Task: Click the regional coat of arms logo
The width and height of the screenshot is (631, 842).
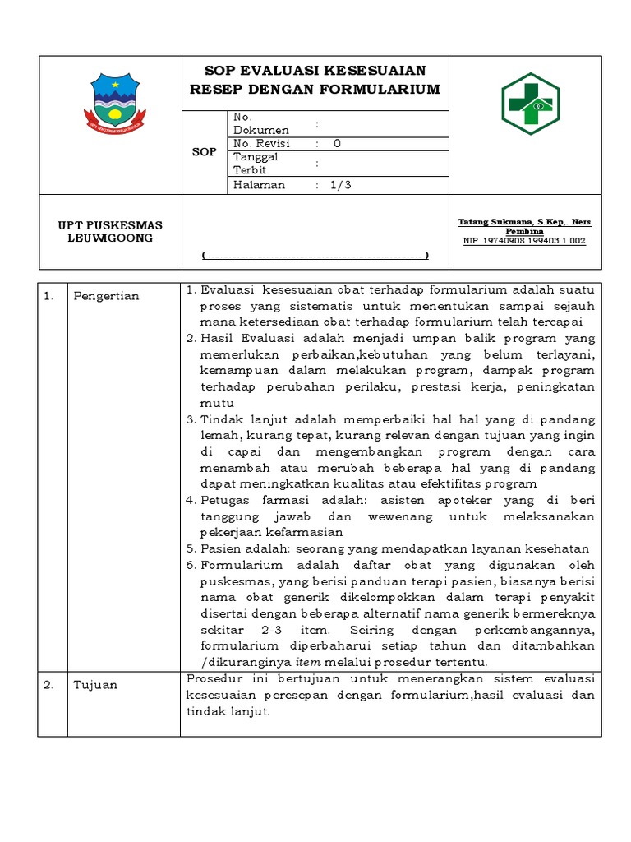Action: (114, 103)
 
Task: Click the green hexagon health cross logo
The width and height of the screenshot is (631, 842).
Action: (530, 103)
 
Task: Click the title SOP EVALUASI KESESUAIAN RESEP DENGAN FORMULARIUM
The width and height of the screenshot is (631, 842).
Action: (315, 80)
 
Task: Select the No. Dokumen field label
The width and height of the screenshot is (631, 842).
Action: (260, 123)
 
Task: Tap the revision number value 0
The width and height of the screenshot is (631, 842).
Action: (337, 143)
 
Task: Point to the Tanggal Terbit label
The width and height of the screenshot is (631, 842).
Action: (256, 163)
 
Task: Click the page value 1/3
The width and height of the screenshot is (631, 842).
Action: (340, 185)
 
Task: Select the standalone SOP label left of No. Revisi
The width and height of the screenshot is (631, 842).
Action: (204, 152)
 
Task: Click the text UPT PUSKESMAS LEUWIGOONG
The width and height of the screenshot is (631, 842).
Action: (109, 232)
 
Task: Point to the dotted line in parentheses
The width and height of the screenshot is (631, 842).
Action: (315, 256)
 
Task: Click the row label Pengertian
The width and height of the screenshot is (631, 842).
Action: (106, 296)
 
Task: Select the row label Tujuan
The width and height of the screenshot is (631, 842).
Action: (94, 684)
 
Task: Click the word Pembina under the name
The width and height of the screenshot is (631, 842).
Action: (524, 231)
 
